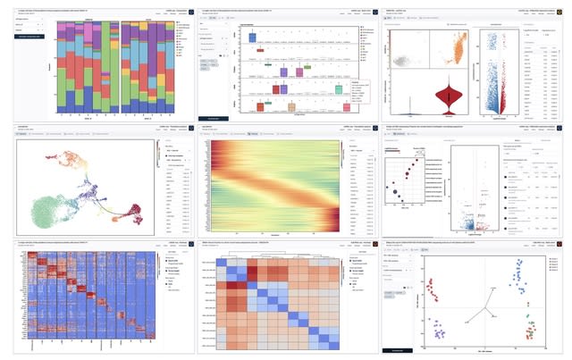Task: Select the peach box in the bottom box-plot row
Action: pos(260,105)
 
